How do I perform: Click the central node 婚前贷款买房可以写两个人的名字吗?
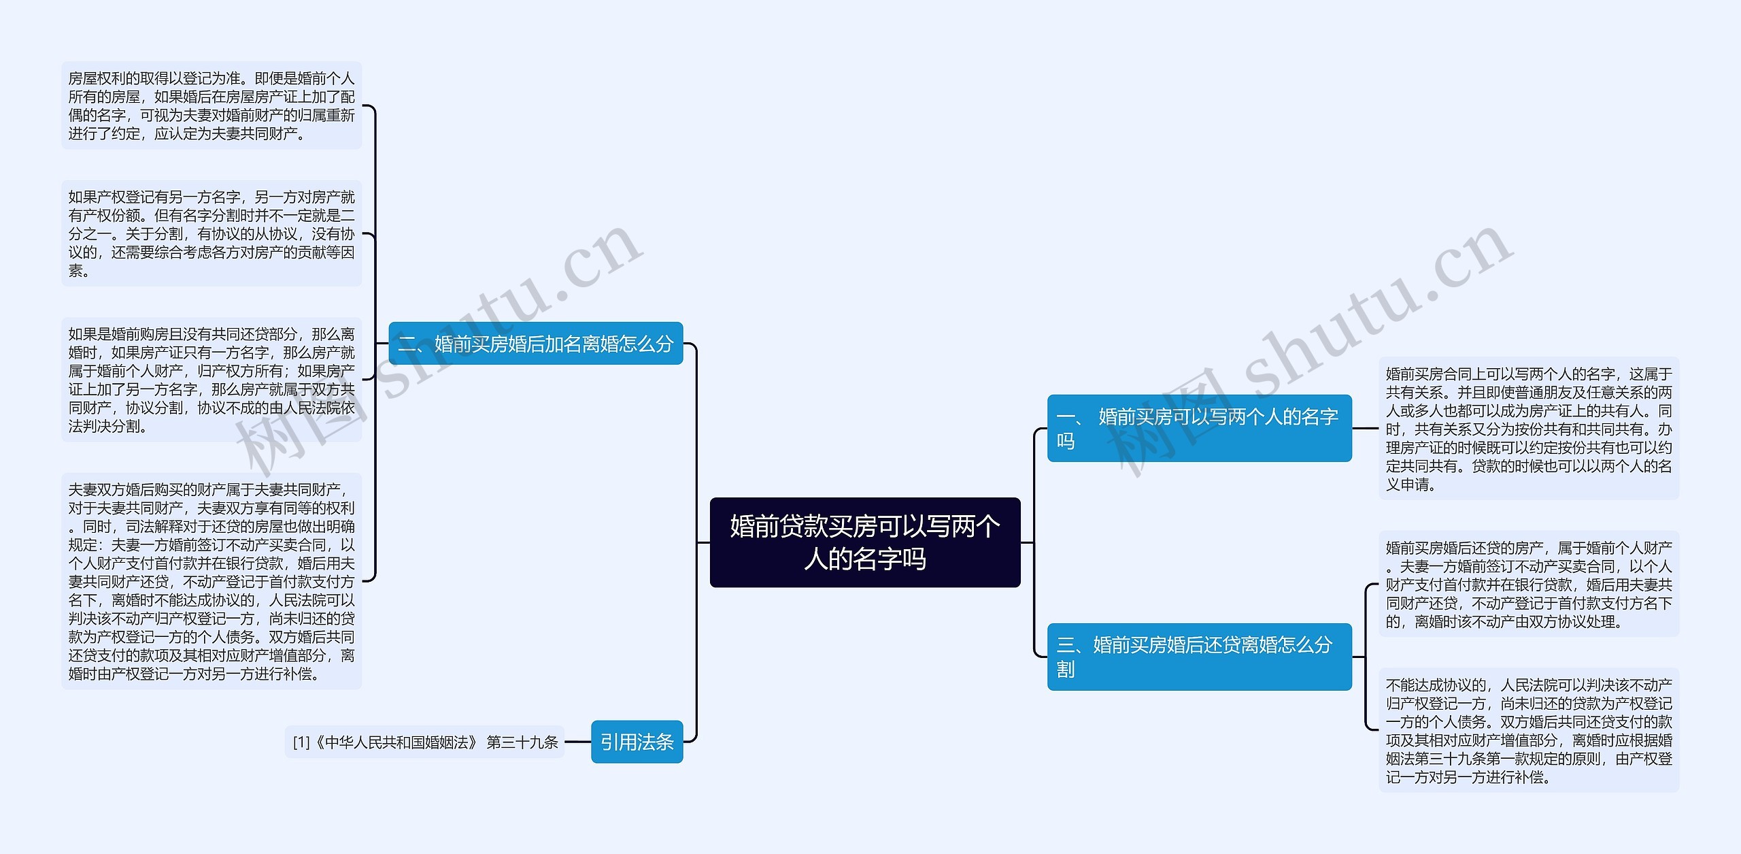pyautogui.click(x=864, y=542)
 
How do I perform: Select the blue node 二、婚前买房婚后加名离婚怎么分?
pyautogui.click(x=535, y=344)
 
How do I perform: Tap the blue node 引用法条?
pyautogui.click(x=637, y=742)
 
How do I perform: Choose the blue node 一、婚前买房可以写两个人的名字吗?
pyautogui.click(x=1199, y=428)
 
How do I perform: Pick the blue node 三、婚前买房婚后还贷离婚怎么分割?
pyautogui.click(x=1199, y=657)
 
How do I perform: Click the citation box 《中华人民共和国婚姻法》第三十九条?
pyautogui.click(x=425, y=742)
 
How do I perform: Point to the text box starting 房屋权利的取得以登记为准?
pyautogui.click(x=212, y=106)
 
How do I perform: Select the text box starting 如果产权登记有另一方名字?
pyautogui.click(x=212, y=233)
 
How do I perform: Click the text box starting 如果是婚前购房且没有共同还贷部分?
pyautogui.click(x=212, y=380)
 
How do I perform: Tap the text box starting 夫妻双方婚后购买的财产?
pyautogui.click(x=212, y=581)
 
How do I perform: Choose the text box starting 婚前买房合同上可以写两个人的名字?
pyautogui.click(x=1529, y=429)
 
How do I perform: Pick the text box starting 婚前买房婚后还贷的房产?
pyautogui.click(x=1529, y=585)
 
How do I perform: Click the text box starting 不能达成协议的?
pyautogui.click(x=1529, y=730)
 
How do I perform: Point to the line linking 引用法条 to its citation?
pyautogui.click(x=577, y=742)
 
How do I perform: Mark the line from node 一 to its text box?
pyautogui.click(x=1365, y=429)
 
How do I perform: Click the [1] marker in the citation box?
pyautogui.click(x=301, y=742)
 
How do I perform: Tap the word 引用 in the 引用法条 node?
pyautogui.click(x=618, y=742)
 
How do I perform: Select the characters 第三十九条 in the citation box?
pyautogui.click(x=522, y=742)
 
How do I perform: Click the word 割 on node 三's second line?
pyautogui.click(x=1066, y=670)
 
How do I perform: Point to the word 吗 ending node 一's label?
pyautogui.click(x=1066, y=441)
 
